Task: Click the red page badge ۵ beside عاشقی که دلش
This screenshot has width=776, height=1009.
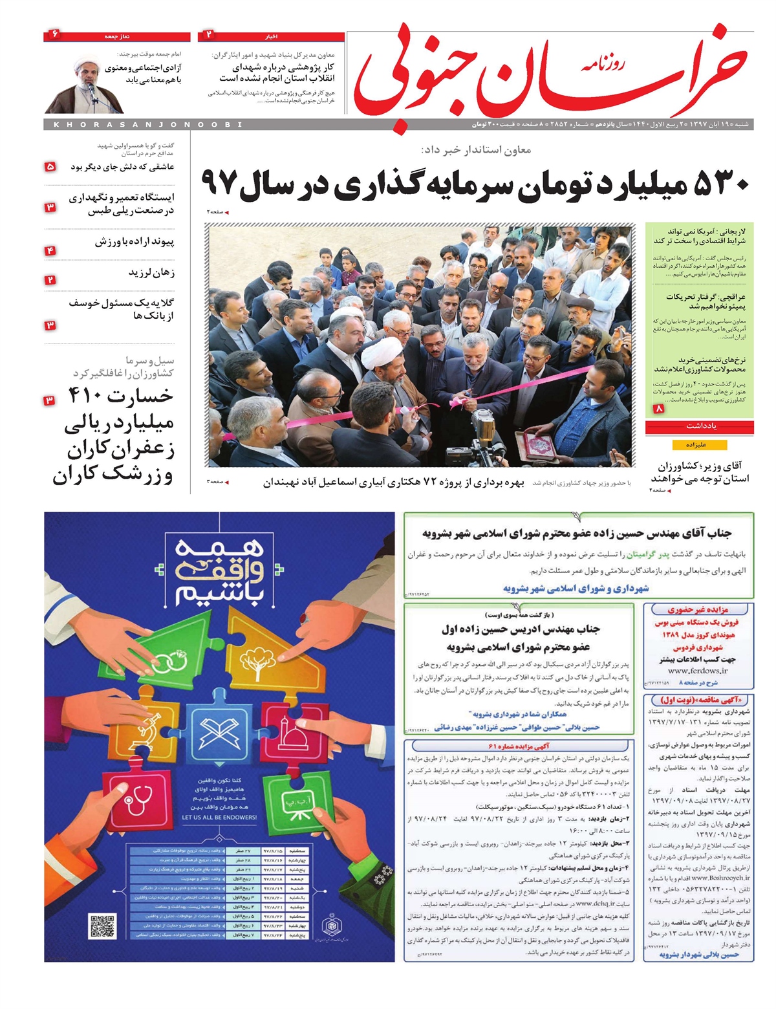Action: [x=50, y=167]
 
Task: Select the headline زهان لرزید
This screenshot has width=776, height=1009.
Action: [x=151, y=272]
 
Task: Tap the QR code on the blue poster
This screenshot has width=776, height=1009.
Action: [x=102, y=926]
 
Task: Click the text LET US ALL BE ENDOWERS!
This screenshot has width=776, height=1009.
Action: [x=219, y=818]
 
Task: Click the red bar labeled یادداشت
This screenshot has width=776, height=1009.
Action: [x=699, y=427]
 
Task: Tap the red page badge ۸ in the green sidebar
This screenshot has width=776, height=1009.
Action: [x=659, y=409]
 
